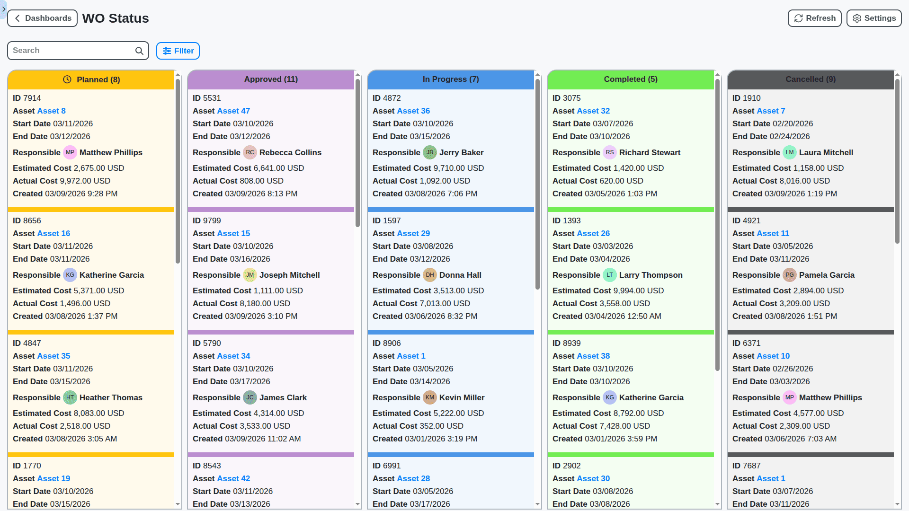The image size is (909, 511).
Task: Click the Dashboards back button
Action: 42,18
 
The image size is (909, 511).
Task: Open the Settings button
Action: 873,18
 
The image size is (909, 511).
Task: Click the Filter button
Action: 178,51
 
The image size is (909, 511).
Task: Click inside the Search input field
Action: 71,51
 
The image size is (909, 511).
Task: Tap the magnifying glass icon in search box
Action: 139,51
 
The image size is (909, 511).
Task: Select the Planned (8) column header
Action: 91,79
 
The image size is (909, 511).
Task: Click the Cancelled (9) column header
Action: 810,79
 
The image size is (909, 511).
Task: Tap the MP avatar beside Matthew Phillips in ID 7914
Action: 70,152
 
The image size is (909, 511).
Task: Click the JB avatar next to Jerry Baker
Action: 429,152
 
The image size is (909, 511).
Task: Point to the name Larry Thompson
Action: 651,275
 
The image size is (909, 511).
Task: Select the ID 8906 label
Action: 386,343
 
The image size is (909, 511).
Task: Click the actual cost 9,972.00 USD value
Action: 85,181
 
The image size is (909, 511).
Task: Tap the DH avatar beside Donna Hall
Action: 429,275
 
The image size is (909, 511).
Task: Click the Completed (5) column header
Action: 630,79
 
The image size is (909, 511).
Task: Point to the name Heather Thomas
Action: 111,397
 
